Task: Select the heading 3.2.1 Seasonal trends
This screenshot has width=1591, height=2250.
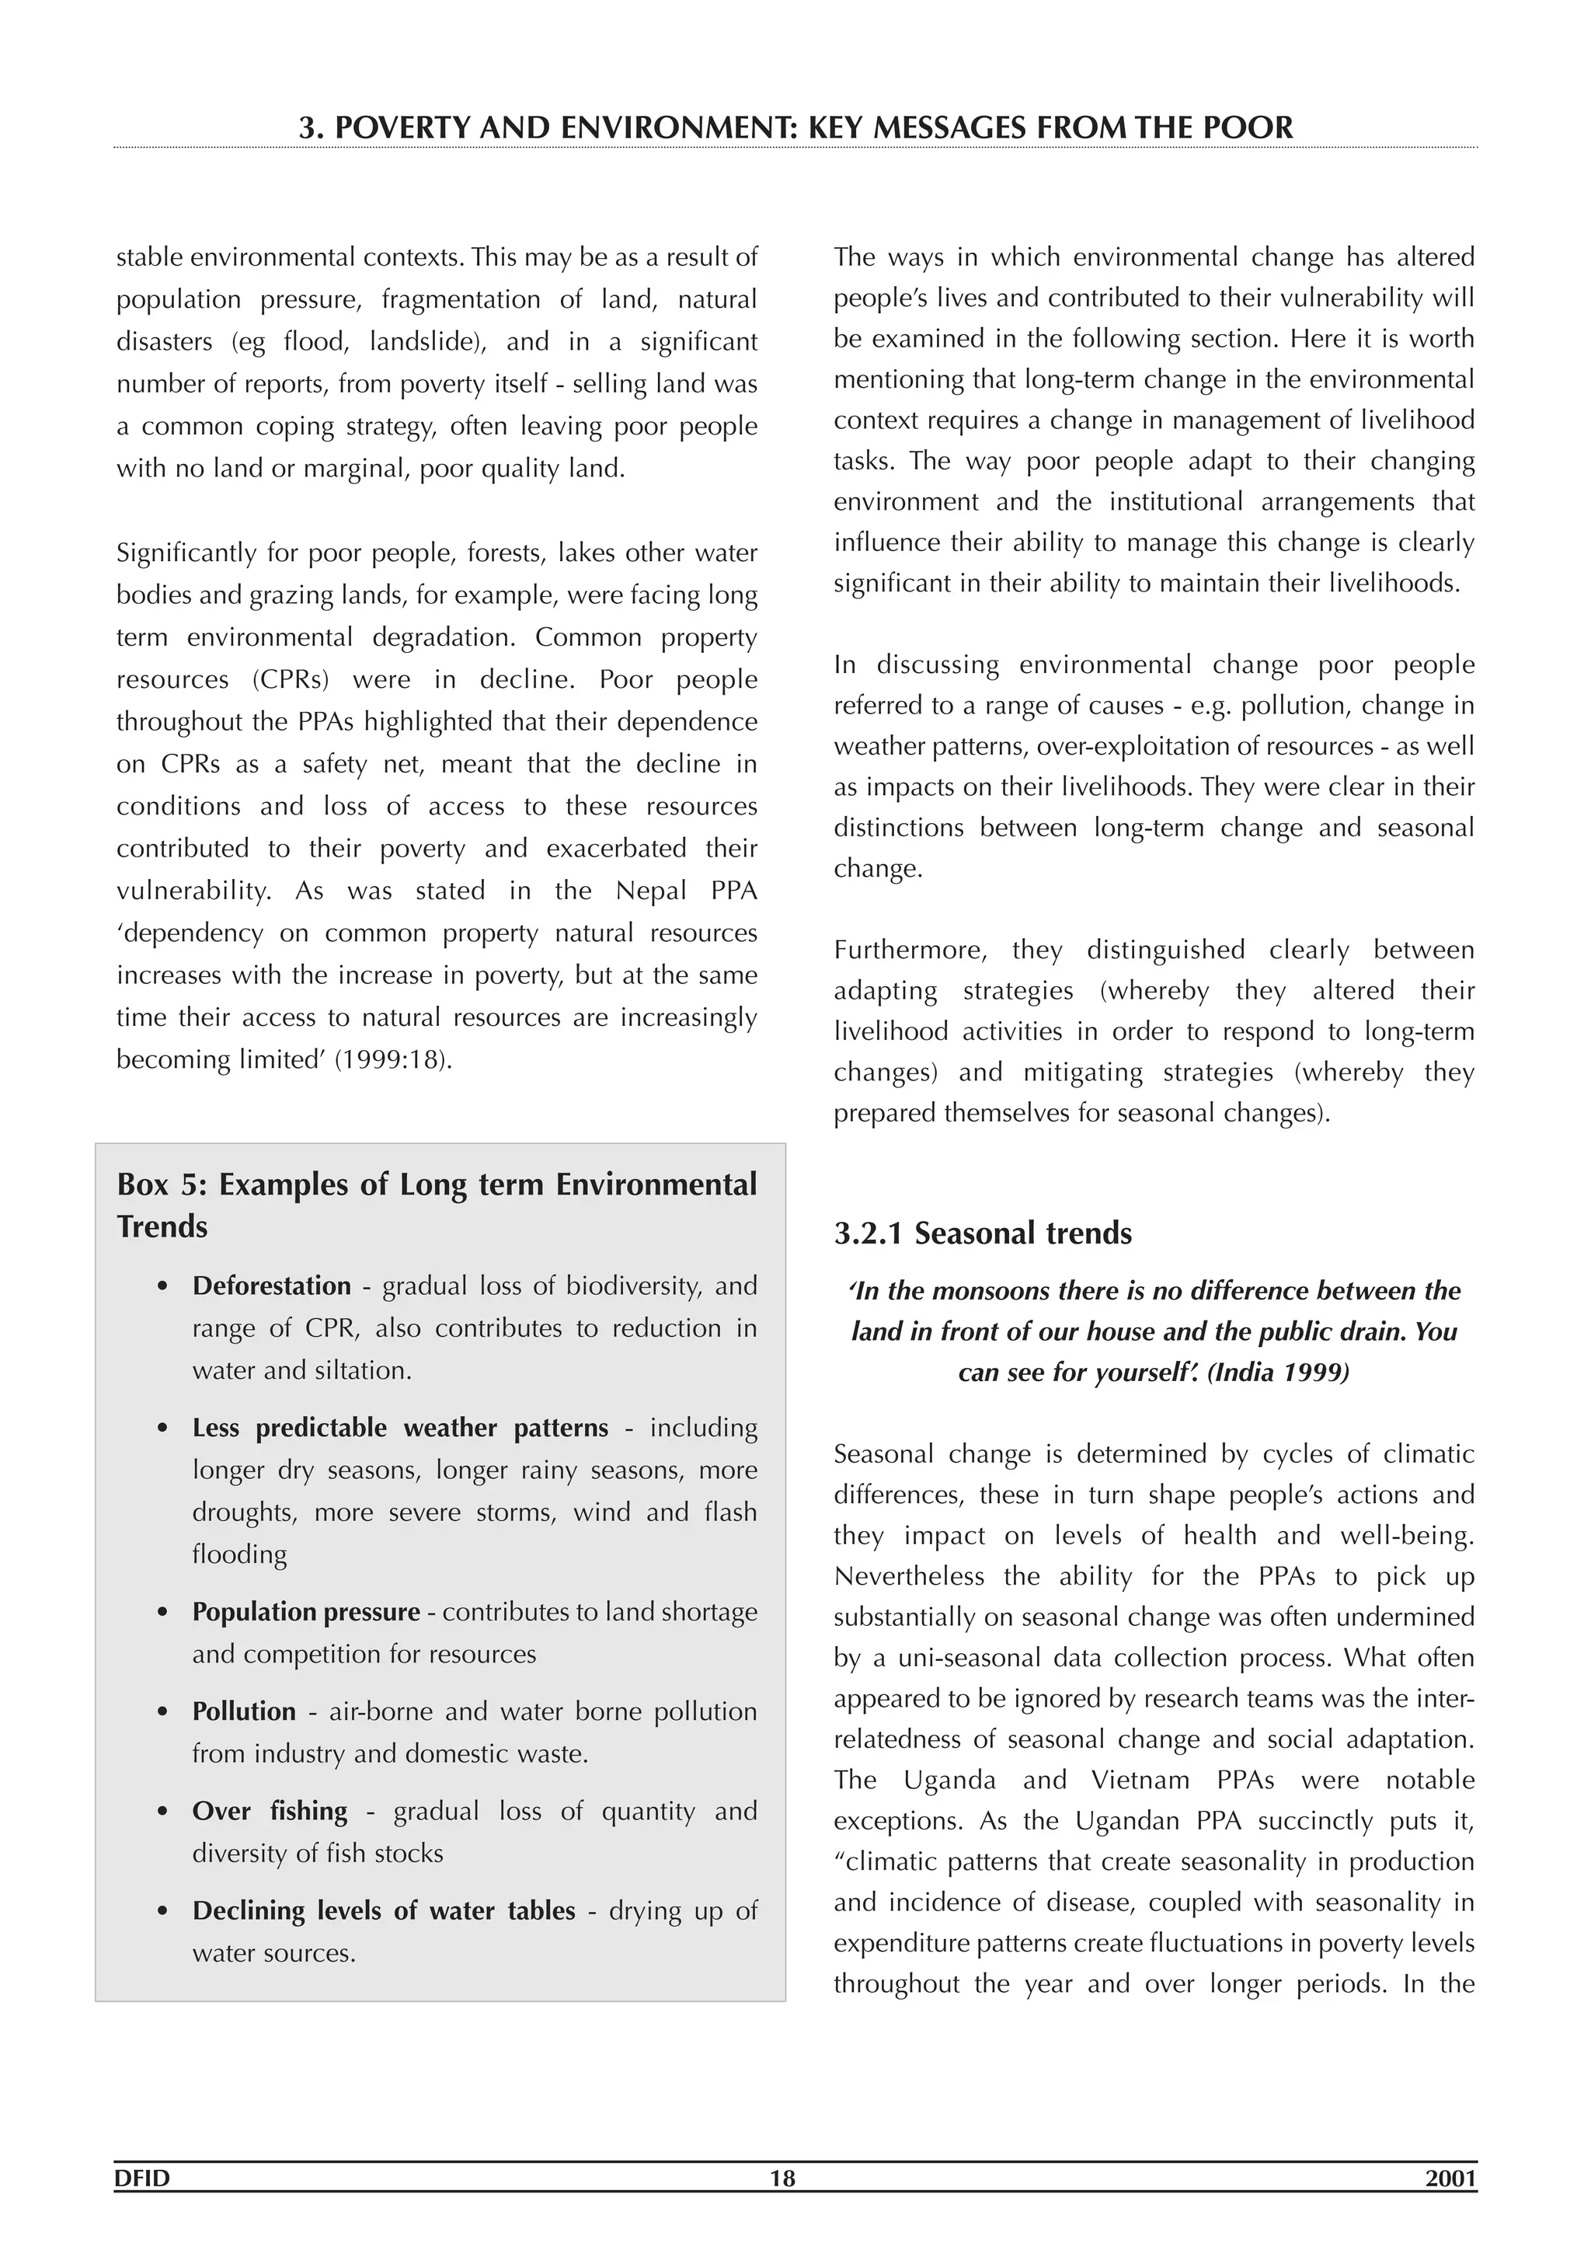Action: [x=983, y=1233]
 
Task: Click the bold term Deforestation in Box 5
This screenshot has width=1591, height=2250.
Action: [x=271, y=1285]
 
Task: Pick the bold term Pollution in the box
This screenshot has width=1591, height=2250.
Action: [x=244, y=1711]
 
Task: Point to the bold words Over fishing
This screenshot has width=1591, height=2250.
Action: [x=270, y=1811]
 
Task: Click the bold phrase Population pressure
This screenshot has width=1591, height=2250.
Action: [x=305, y=1612]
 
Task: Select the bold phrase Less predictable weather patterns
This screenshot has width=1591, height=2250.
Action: [x=400, y=1428]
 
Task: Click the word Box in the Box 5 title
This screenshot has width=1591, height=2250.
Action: [x=143, y=1184]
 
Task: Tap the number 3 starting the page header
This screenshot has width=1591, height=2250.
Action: [x=308, y=127]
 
